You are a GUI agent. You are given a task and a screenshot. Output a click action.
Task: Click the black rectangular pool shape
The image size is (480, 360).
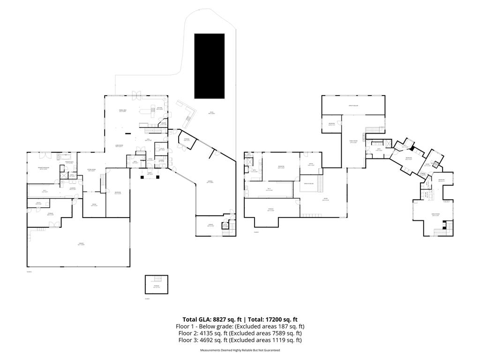point(210,66)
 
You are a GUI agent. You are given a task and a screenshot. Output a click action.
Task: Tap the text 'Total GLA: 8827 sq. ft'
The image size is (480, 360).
point(210,319)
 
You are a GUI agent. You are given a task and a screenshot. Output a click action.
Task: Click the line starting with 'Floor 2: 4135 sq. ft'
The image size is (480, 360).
point(240,333)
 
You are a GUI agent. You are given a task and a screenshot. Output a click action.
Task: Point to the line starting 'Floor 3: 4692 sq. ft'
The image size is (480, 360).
point(240,340)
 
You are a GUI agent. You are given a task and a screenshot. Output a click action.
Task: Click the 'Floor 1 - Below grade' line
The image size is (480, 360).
point(240,326)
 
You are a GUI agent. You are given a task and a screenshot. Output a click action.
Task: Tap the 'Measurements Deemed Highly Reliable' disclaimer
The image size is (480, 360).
point(240,350)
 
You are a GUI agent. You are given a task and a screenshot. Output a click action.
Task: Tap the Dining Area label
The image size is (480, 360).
point(123,111)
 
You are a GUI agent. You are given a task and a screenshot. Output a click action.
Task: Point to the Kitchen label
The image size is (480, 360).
point(159,108)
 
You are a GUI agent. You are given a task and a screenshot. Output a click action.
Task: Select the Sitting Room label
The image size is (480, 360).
point(91,170)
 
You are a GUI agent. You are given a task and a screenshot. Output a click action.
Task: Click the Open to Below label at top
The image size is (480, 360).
point(353,105)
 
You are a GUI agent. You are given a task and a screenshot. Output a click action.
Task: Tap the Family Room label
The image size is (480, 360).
point(353,142)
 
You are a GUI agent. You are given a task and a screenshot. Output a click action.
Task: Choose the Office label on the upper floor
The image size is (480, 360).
point(310,164)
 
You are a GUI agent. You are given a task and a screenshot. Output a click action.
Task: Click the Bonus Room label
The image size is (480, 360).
point(435,215)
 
